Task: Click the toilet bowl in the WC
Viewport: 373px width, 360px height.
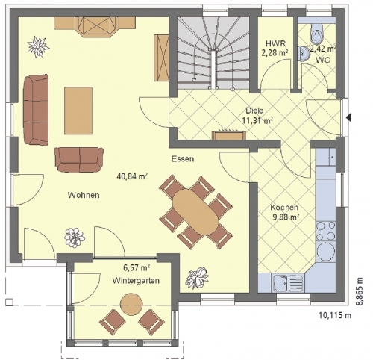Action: pyautogui.click(x=317, y=34)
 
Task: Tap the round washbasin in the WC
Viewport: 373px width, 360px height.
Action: pyautogui.click(x=303, y=53)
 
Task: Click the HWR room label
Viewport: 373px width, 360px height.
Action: pyautogui.click(x=275, y=43)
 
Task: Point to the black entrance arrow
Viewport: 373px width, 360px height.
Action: pyautogui.click(x=349, y=117)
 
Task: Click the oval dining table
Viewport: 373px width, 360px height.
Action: pyautogui.click(x=195, y=212)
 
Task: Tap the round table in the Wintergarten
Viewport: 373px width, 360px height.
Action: pyautogui.click(x=131, y=304)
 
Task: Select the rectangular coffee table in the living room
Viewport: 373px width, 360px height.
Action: pyautogui.click(x=78, y=111)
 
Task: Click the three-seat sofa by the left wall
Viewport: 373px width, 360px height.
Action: pyautogui.click(x=36, y=110)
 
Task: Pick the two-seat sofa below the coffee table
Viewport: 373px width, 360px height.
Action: pyautogui.click(x=79, y=160)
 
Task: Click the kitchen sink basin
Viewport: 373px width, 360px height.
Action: pyautogui.click(x=280, y=282)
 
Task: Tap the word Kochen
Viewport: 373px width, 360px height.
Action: pyautogui.click(x=284, y=207)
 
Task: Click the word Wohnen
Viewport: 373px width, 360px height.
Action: pyautogui.click(x=84, y=195)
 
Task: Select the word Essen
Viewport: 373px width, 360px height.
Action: pyautogui.click(x=183, y=159)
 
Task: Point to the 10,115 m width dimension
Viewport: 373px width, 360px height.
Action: pyautogui.click(x=335, y=315)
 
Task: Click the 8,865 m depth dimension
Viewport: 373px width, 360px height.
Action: pyautogui.click(x=359, y=291)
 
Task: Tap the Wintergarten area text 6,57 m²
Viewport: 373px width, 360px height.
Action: pyautogui.click(x=137, y=268)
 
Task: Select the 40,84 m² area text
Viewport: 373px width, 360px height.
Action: pyautogui.click(x=132, y=176)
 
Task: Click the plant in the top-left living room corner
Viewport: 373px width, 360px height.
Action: pyautogui.click(x=38, y=46)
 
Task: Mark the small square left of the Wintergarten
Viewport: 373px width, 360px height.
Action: pyautogui.click(x=9, y=302)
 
